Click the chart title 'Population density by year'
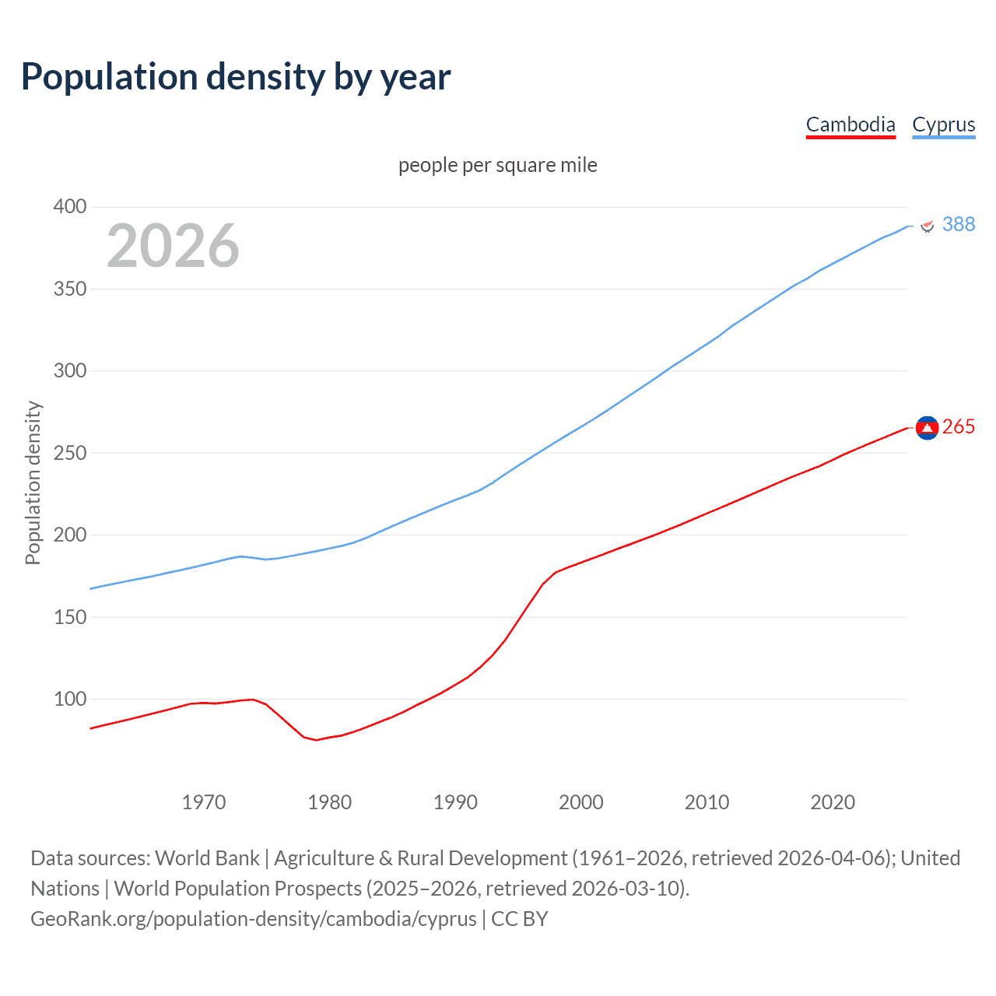(236, 77)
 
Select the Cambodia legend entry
(850, 124)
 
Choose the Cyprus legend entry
(943, 124)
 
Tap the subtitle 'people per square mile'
(497, 165)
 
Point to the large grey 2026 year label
(173, 246)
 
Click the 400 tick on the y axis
(69, 206)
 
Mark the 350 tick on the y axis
(69, 289)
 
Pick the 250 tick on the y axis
(69, 453)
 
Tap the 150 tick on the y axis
(69, 617)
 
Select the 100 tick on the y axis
(69, 699)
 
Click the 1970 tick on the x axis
(204, 802)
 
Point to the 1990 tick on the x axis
(455, 802)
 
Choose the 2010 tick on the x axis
(707, 802)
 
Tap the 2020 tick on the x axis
(833, 802)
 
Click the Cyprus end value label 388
(959, 224)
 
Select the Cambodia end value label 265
(959, 426)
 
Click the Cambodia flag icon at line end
(927, 427)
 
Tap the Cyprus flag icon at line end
(927, 226)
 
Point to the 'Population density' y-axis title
(33, 482)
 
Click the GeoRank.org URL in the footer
(254, 919)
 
